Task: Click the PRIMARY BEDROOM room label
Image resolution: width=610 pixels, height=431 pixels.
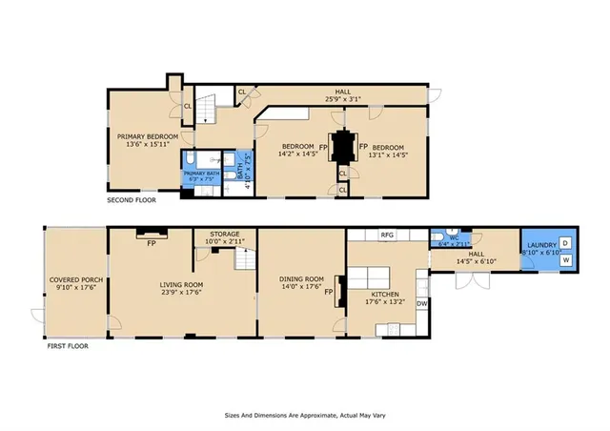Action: (142, 136)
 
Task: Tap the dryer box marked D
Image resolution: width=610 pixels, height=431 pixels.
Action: (564, 244)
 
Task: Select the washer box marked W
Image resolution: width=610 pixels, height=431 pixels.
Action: (564, 259)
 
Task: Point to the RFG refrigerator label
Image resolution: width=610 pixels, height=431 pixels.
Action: (387, 234)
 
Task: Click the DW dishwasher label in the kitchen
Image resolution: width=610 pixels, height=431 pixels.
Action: (421, 303)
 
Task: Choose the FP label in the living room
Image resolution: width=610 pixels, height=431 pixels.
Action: (152, 242)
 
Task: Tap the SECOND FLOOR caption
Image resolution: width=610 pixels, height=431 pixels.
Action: (131, 200)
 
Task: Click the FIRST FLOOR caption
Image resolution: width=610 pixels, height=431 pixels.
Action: (68, 346)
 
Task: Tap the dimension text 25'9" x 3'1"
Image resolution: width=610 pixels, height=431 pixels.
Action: (346, 99)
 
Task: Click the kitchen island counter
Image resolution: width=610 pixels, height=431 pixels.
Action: (365, 277)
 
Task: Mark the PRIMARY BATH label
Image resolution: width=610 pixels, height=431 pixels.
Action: (201, 173)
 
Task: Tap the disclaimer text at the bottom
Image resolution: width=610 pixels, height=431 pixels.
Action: (304, 416)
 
